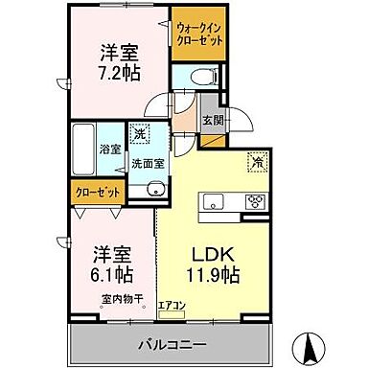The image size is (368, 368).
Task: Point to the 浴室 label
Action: point(110,149)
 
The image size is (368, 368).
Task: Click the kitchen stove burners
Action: point(256,201)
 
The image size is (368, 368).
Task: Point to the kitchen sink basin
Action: point(214,201)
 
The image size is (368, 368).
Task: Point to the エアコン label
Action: point(172,306)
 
